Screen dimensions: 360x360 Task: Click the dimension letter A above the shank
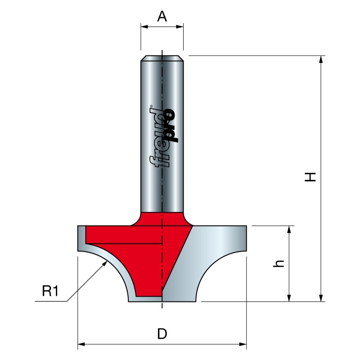162,16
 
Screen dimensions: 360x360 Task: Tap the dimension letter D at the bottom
162,333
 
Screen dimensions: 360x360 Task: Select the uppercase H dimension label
310,177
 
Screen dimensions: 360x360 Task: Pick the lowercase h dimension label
279,264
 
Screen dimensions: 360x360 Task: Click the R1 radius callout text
50,291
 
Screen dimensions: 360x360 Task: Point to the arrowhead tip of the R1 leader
107,261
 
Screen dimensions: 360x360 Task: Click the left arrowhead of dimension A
144,27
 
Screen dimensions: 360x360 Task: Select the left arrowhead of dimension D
81,344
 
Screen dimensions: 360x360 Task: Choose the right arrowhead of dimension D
243,344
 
